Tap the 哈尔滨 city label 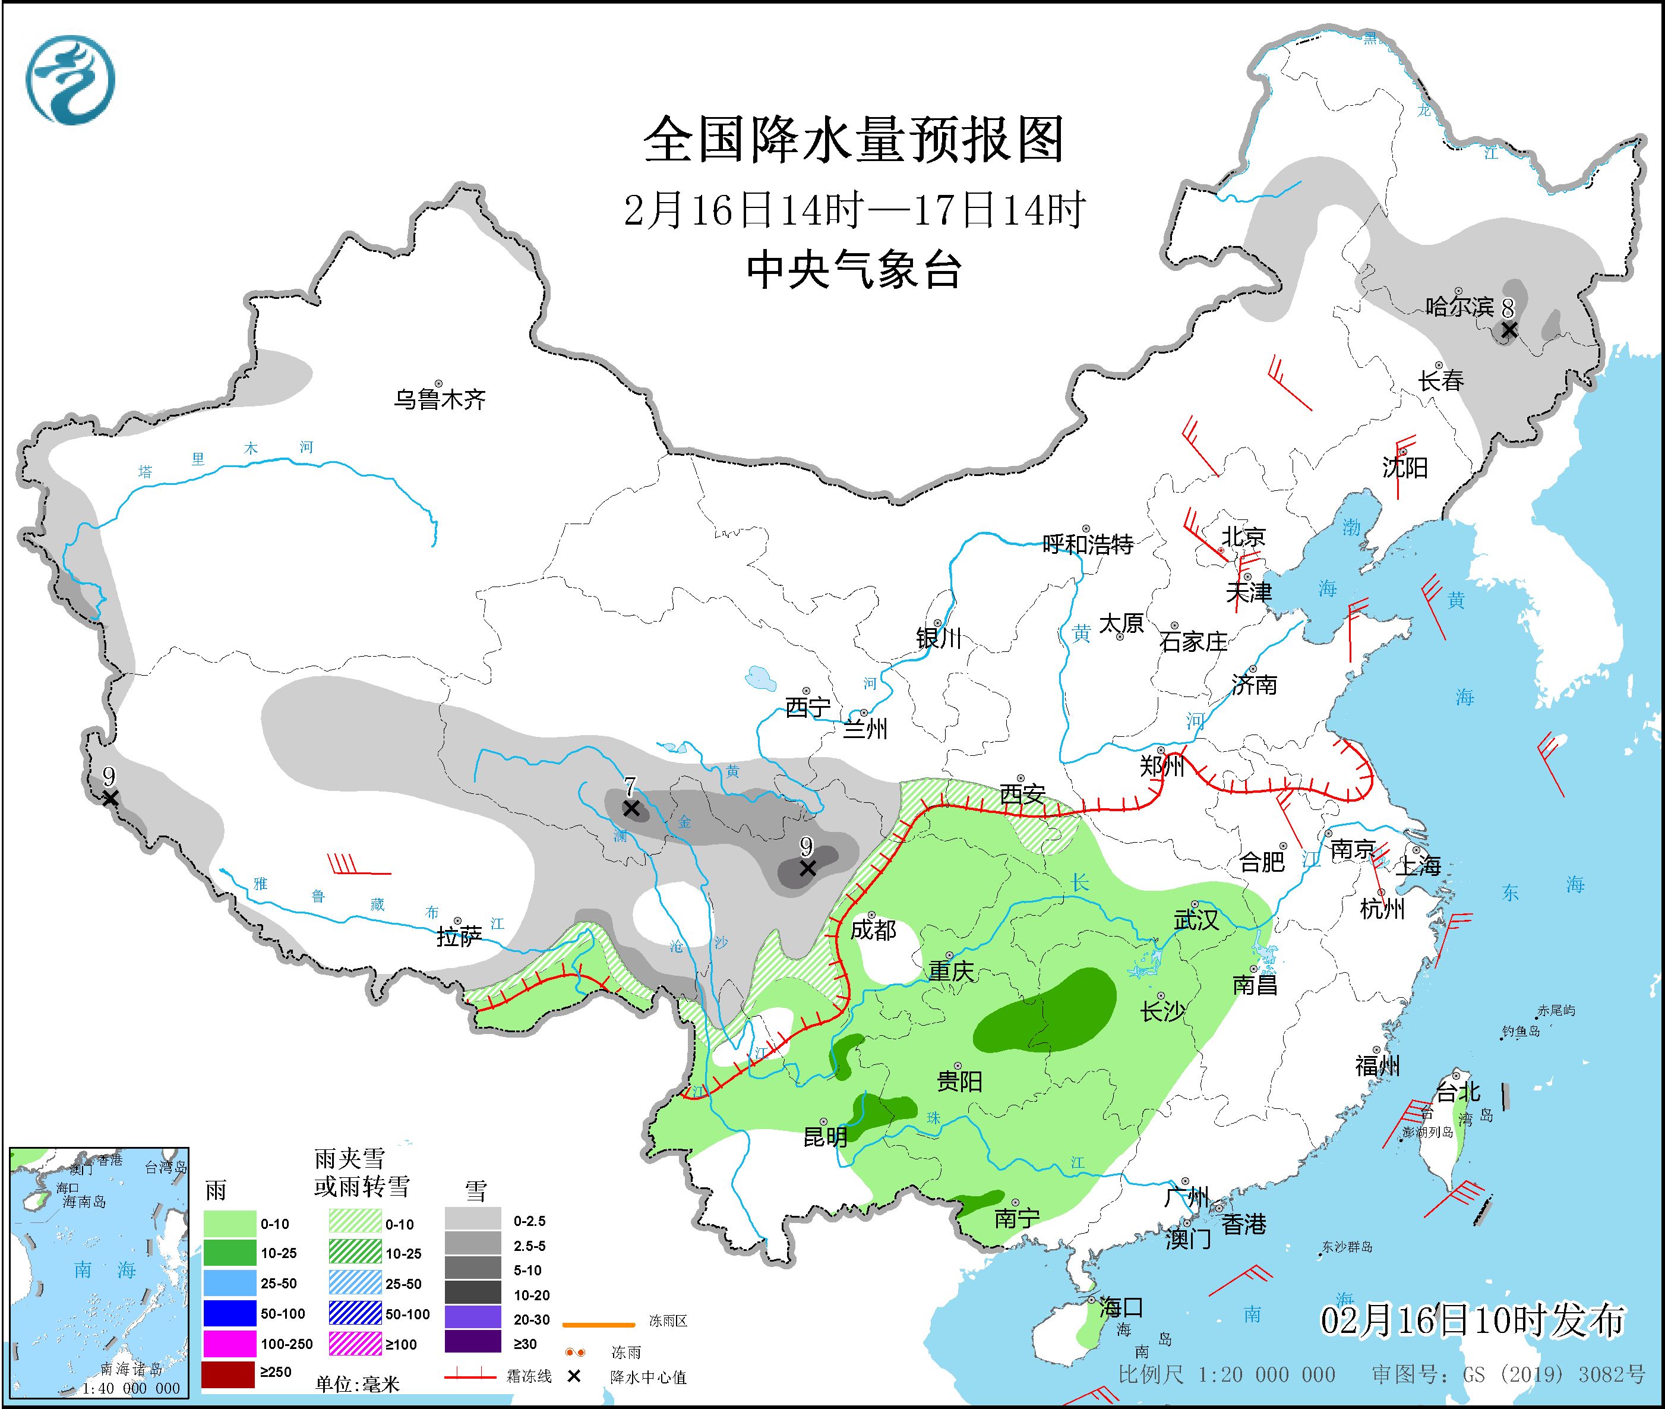pos(1459,307)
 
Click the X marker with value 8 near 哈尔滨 pos(1509,330)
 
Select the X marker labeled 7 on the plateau pos(631,808)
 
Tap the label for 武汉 pos(1196,920)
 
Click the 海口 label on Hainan pos(1121,1307)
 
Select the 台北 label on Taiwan pos(1458,1092)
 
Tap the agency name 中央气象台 pos(854,270)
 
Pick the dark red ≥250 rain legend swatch pos(228,1372)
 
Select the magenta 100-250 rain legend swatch pos(228,1344)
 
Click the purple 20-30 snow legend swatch pos(473,1319)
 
